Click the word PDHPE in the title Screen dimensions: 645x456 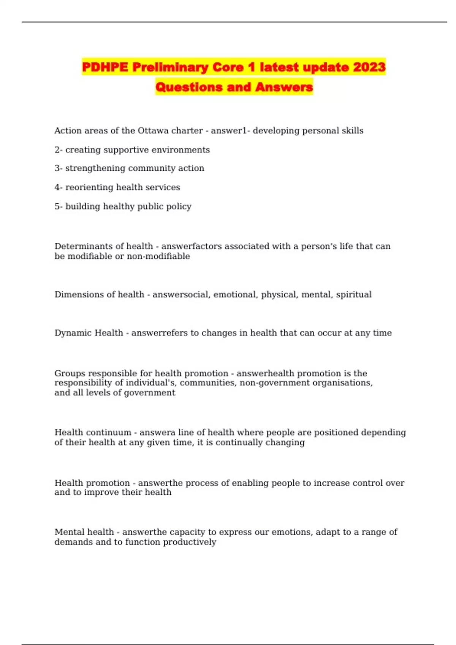(x=105, y=67)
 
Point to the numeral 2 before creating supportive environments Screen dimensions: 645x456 (x=57, y=150)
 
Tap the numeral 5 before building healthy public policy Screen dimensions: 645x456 (x=57, y=206)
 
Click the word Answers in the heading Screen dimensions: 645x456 (x=284, y=87)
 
